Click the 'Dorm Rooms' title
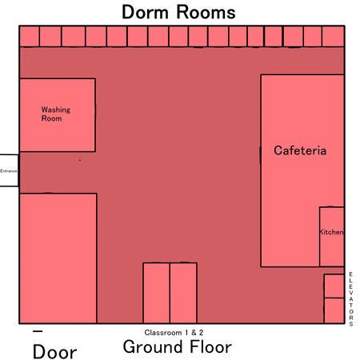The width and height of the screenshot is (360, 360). click(x=178, y=12)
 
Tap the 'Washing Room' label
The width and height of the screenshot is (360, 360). click(x=56, y=114)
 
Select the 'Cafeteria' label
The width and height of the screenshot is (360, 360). click(x=300, y=150)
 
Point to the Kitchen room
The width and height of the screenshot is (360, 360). click(x=331, y=236)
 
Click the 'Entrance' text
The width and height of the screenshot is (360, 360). click(x=9, y=171)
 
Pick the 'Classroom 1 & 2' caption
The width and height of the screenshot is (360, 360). click(x=174, y=333)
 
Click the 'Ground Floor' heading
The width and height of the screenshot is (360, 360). click(x=178, y=346)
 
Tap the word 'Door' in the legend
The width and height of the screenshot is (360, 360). click(x=54, y=352)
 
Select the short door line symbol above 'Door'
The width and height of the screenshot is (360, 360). click(x=38, y=331)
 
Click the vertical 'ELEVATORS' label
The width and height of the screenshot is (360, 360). click(x=351, y=299)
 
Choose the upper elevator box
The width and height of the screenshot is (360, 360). click(x=334, y=286)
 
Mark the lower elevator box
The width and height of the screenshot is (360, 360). click(x=334, y=310)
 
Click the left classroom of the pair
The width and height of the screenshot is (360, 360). click(x=156, y=293)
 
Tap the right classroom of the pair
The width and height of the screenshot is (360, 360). click(x=183, y=293)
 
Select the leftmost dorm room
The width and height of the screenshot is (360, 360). click(x=30, y=36)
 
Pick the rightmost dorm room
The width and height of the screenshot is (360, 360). click(x=333, y=36)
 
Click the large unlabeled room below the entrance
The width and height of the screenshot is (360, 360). click(x=58, y=258)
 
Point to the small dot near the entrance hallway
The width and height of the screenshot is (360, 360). click(x=80, y=160)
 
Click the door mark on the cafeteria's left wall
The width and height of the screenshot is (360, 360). click(x=260, y=155)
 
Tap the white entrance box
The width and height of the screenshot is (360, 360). click(x=9, y=170)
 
